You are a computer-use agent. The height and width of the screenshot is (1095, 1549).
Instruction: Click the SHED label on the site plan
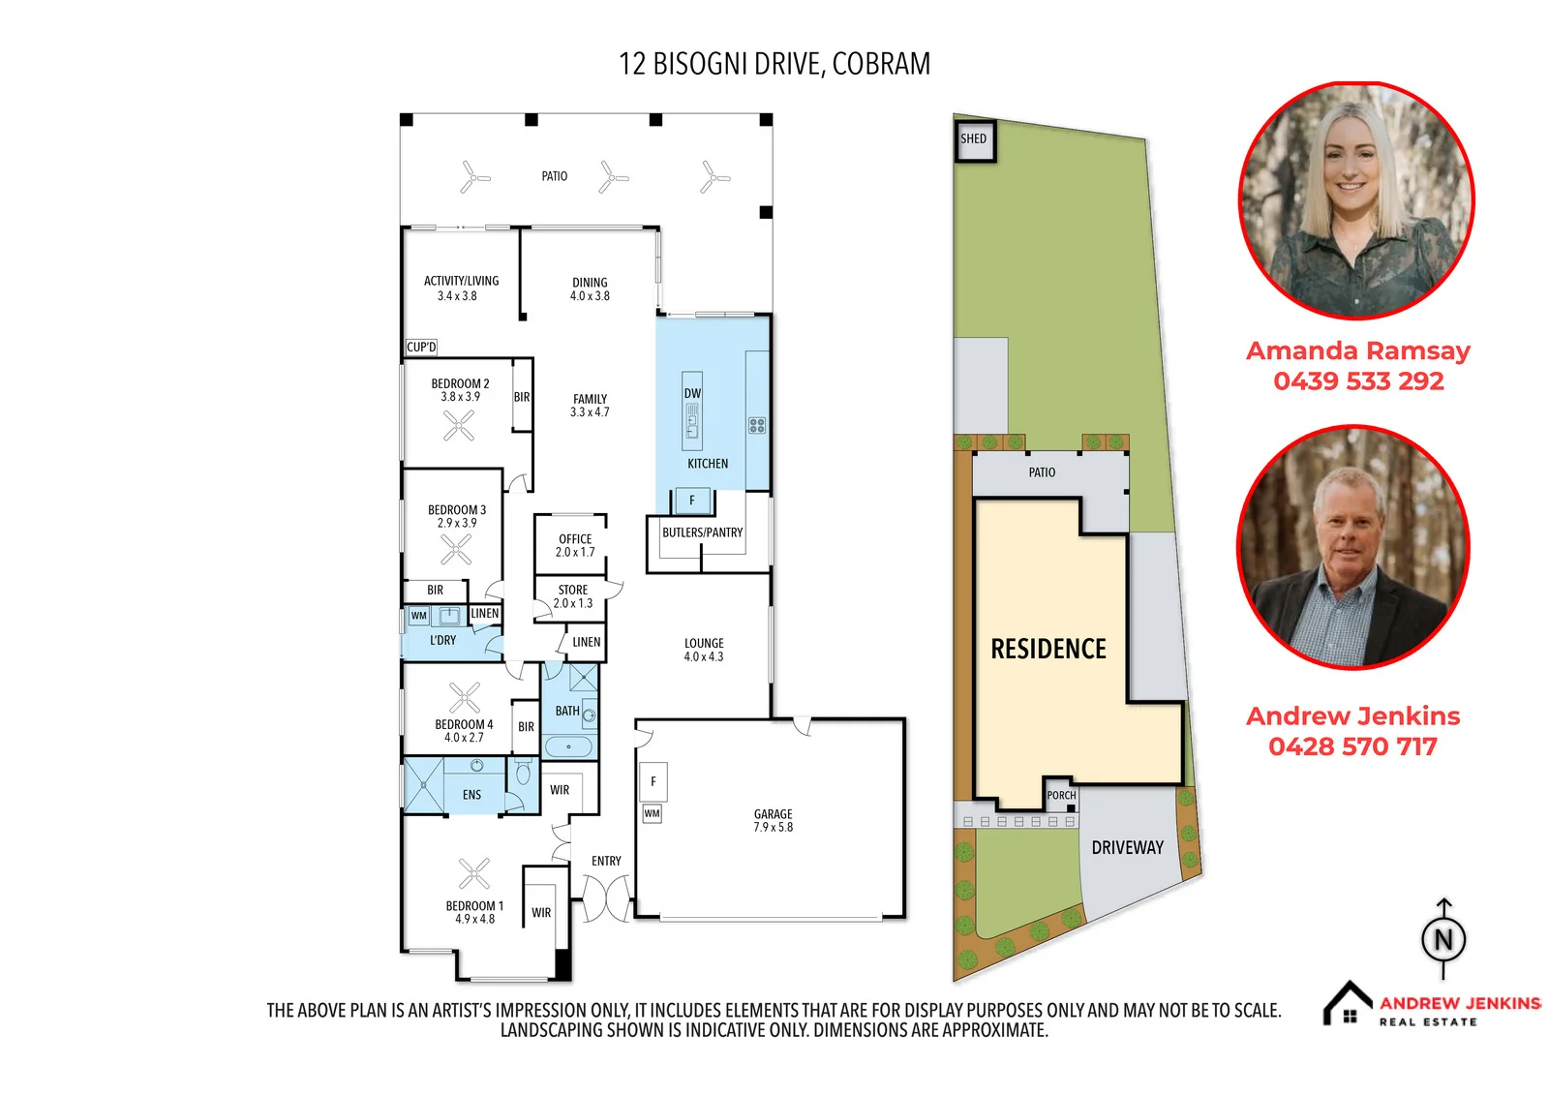pos(973,138)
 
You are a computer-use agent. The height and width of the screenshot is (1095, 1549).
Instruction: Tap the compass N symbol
pos(1443,939)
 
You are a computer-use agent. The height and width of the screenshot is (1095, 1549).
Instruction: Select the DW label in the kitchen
pos(692,393)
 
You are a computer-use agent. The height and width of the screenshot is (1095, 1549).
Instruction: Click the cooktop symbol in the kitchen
pos(756,425)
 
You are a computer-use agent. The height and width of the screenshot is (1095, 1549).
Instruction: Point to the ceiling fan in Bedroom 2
pos(459,425)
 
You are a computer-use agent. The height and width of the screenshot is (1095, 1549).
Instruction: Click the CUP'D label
pos(421,347)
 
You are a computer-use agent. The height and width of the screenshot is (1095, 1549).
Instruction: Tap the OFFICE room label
pos(575,539)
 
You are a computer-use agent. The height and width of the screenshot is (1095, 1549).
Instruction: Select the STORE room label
pos(572,590)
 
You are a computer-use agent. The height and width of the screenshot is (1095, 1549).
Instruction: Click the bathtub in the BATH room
pos(568,747)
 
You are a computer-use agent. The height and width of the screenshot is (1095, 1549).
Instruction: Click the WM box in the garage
pos(652,813)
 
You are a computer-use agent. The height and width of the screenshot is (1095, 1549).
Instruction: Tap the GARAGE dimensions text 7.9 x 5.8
pos(774,827)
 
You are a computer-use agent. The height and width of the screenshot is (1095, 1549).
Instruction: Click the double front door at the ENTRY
pos(606,897)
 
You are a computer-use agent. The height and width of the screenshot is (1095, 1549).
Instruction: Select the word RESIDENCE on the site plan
pos(1048,649)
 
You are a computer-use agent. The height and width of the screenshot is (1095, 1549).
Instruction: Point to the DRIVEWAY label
pos(1127,847)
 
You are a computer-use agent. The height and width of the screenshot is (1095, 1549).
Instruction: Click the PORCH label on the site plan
pos(1061,796)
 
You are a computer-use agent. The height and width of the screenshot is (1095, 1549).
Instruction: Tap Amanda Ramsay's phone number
pos(1358,381)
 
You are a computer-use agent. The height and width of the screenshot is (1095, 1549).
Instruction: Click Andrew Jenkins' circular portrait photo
pos(1353,547)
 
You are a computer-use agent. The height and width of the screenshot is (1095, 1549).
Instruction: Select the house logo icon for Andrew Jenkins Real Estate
pos(1347,1003)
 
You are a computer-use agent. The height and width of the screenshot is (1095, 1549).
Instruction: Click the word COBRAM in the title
pos(881,64)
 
